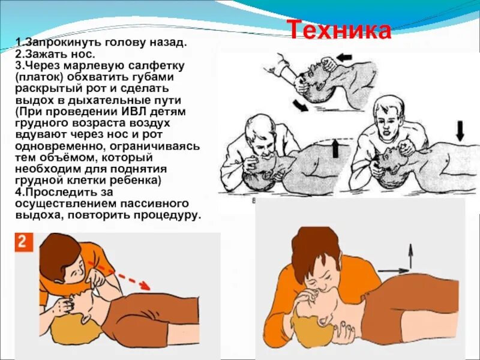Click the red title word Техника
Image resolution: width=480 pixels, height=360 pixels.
[x=338, y=29]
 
